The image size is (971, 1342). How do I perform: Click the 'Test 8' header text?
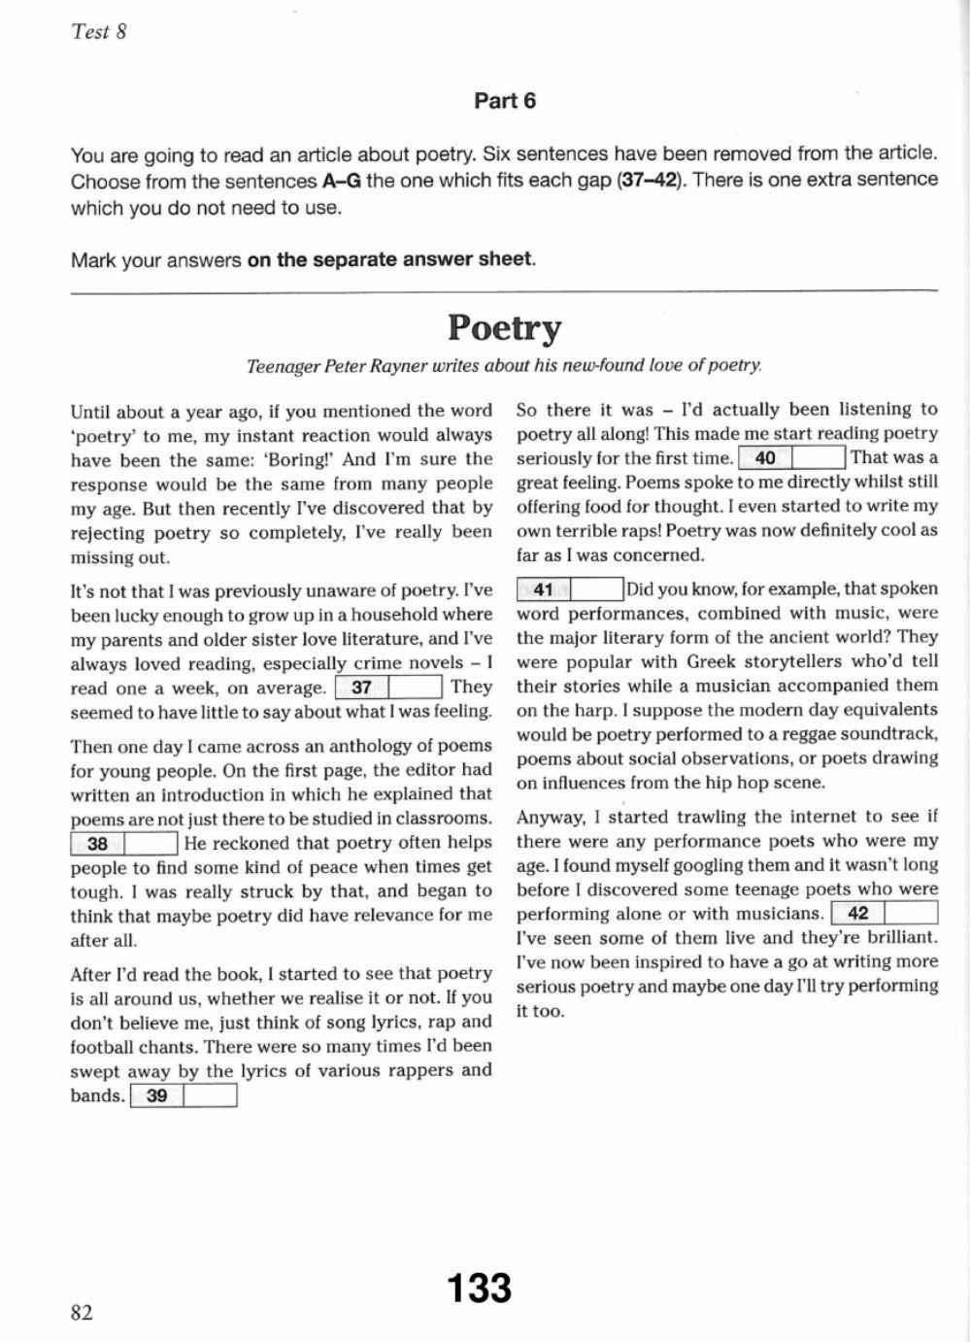pyautogui.click(x=98, y=31)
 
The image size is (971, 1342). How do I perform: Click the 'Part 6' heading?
pyautogui.click(x=504, y=101)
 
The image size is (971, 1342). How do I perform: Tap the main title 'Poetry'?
pyautogui.click(x=504, y=328)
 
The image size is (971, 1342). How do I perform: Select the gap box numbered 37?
pyautogui.click(x=388, y=688)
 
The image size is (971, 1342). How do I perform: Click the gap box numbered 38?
pyautogui.click(x=124, y=843)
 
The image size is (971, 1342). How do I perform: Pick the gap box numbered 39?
pyautogui.click(x=183, y=1096)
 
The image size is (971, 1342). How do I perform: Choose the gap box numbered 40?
pyautogui.click(x=791, y=457)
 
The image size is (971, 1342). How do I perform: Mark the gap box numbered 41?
pyautogui.click(x=570, y=588)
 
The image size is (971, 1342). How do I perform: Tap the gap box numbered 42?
pyautogui.click(x=884, y=914)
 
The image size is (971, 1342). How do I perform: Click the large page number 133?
pyautogui.click(x=479, y=1289)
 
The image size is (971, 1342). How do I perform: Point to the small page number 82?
pyautogui.click(x=82, y=1313)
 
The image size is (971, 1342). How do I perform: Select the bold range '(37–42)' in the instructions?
pyautogui.click(x=650, y=180)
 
